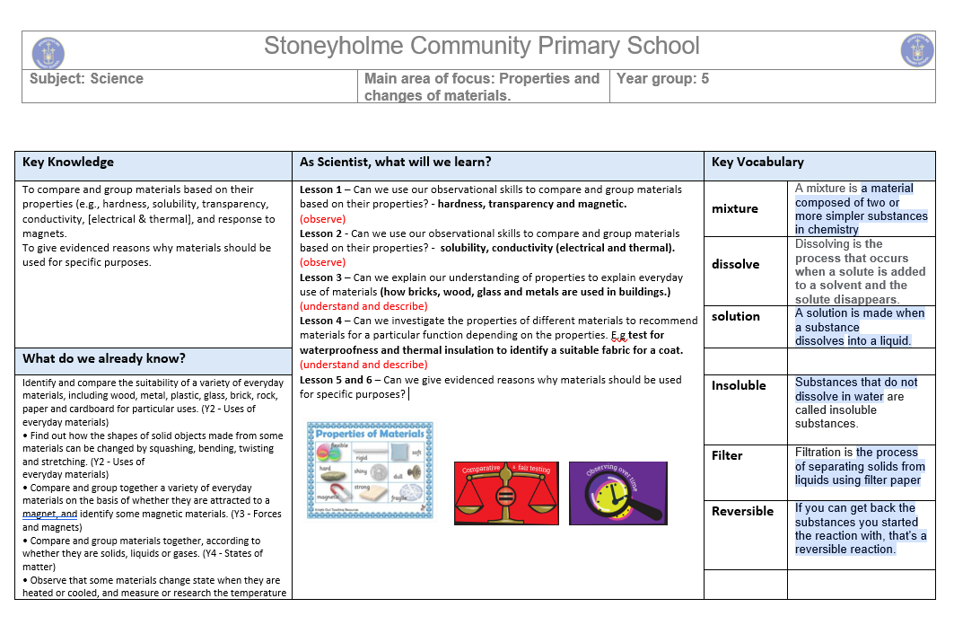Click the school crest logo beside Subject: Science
(x=48, y=51)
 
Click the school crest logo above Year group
(x=917, y=50)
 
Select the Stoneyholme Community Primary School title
(x=481, y=47)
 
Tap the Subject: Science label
(x=86, y=79)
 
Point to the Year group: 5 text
(x=662, y=79)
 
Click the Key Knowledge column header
(x=68, y=163)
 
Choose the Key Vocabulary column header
(x=757, y=163)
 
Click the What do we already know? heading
(x=104, y=359)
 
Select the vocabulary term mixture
(x=735, y=208)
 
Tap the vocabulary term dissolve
(x=736, y=264)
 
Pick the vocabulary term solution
(x=736, y=316)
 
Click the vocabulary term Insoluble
(x=739, y=385)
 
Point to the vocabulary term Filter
(x=727, y=455)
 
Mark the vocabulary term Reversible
(x=742, y=511)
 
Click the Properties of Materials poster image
(x=369, y=470)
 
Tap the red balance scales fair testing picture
(x=505, y=493)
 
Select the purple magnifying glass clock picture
(x=617, y=493)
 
